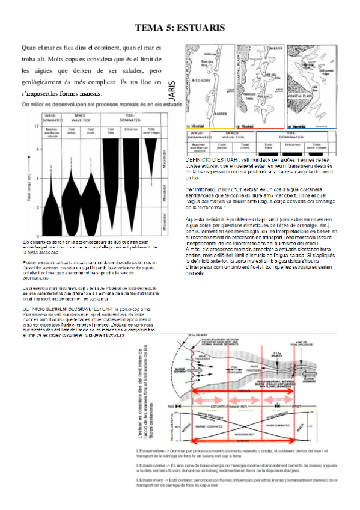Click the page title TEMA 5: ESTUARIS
[x=180, y=28]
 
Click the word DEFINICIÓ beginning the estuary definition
[x=202, y=159]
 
